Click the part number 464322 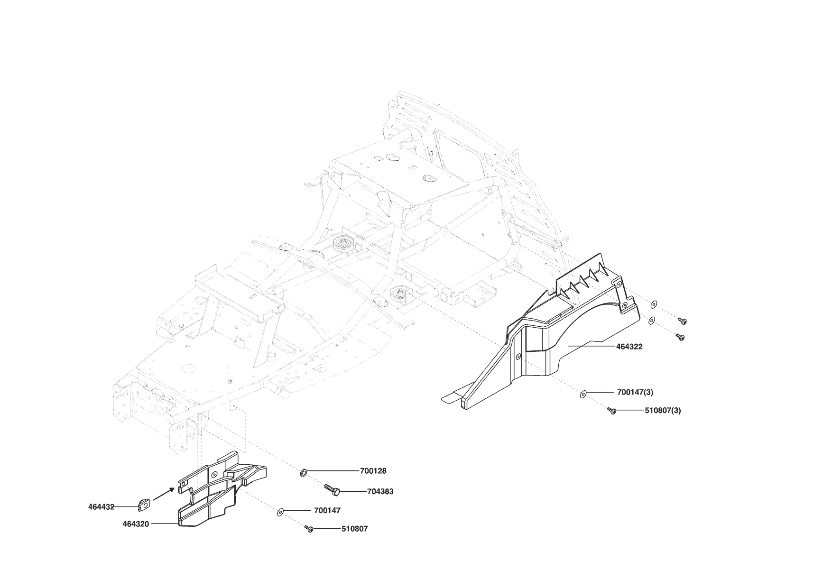point(629,347)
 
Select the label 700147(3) point(635,392)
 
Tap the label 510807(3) point(663,410)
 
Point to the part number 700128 point(373,471)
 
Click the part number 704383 point(380,492)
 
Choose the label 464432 point(101,507)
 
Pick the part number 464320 point(136,524)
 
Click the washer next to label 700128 point(303,472)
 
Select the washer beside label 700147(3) point(583,393)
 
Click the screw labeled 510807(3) point(611,411)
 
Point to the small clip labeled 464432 point(144,505)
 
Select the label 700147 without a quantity point(327,511)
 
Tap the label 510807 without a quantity point(354,529)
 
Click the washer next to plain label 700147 point(280,511)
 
